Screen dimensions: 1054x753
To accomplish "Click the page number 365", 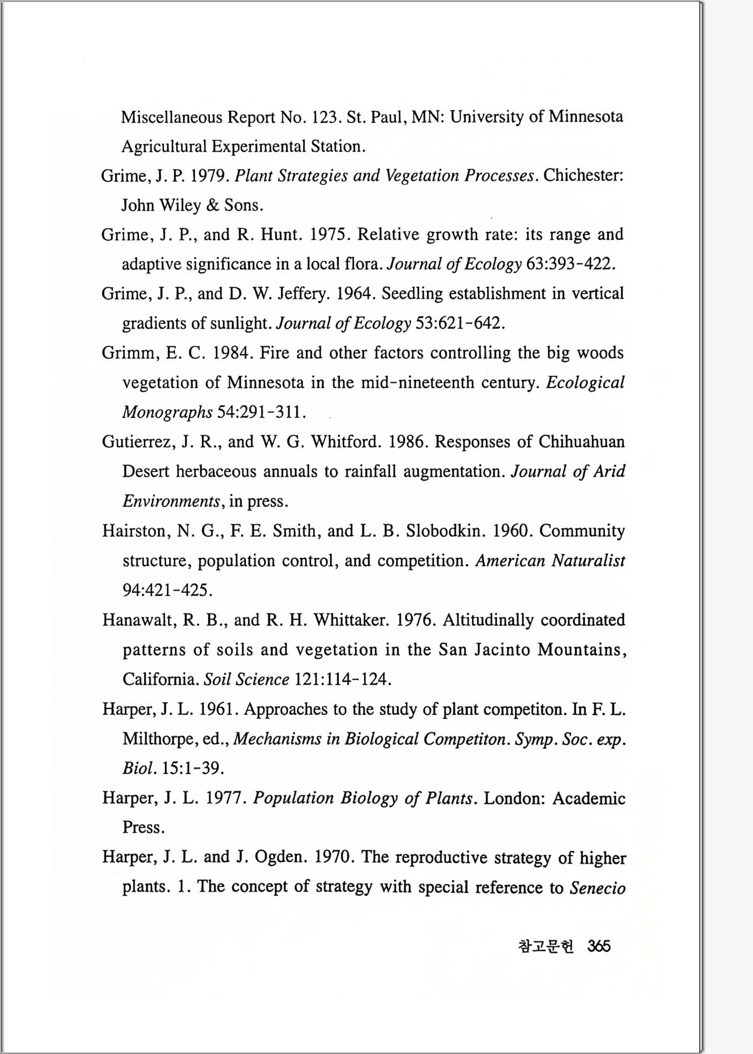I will coord(599,946).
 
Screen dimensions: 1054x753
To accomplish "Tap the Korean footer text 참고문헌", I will coord(546,946).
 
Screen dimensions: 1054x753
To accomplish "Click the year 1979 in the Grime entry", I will coord(210,176).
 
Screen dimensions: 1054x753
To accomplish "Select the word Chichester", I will coord(583,176).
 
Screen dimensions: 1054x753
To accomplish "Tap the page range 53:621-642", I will coord(459,323).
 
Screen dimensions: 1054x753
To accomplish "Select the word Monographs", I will coord(167,413).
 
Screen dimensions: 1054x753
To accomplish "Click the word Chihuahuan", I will coord(582,442).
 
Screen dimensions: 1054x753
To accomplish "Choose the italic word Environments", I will coord(170,501).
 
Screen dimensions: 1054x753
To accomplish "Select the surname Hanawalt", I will coord(138,620).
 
